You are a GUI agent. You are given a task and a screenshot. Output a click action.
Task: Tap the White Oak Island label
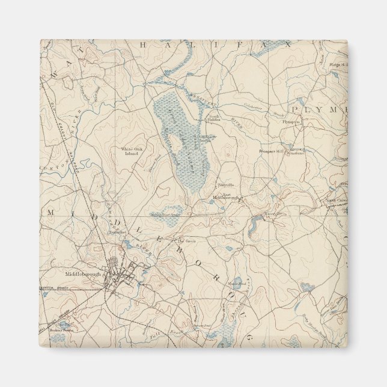[129, 151]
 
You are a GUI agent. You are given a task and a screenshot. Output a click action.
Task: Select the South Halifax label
[214, 118]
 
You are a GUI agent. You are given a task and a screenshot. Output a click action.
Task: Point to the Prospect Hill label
[272, 151]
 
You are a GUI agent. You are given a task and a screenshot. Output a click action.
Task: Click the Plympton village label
[291, 122]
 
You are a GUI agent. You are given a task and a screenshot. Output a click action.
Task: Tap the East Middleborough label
[226, 196]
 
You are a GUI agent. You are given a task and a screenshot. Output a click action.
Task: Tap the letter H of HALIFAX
[143, 45]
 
